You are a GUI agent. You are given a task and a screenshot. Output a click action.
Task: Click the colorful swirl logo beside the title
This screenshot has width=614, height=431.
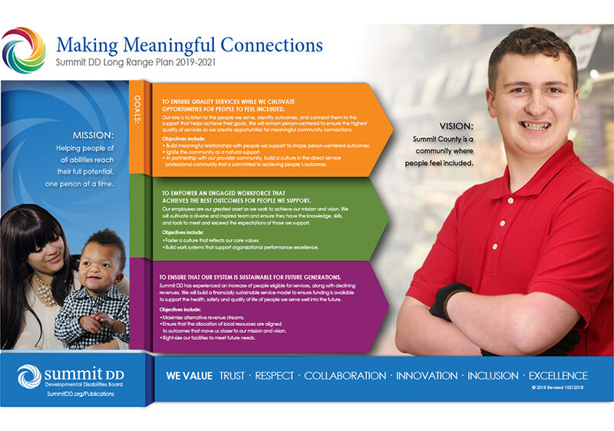tap(24, 50)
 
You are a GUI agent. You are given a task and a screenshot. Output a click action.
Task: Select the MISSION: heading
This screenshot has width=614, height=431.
tap(93, 133)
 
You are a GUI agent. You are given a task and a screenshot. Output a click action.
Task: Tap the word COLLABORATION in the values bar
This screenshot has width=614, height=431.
tap(345, 376)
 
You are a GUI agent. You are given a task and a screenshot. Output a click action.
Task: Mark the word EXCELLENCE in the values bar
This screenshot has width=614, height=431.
tap(558, 376)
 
